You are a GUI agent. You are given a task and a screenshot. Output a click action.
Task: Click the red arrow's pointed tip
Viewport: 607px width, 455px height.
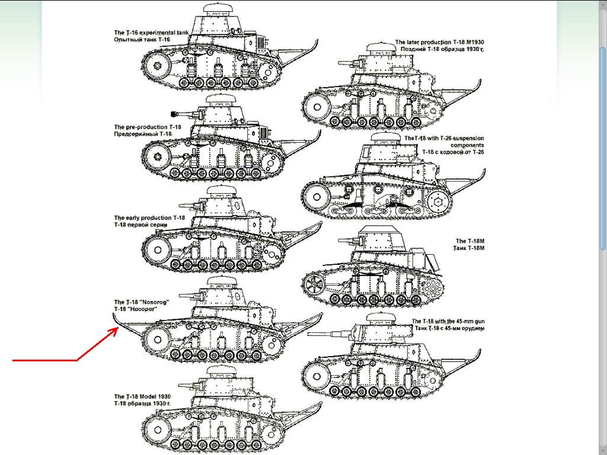coord(119,328)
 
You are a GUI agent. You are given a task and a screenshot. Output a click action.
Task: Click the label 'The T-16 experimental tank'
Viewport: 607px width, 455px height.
coord(151,33)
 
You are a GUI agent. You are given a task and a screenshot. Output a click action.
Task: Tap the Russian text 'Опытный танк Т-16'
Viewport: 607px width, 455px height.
coord(142,40)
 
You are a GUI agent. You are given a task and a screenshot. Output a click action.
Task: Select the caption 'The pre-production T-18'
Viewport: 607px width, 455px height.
coord(148,127)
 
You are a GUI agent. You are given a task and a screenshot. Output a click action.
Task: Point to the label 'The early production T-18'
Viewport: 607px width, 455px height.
coord(149,218)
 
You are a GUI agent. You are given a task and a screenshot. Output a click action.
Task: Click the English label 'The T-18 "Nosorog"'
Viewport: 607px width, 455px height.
coord(142,302)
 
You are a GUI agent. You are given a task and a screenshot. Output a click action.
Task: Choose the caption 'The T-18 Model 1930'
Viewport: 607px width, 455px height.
coord(142,396)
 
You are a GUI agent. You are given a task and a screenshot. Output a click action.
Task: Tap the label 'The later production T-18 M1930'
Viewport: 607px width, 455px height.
coord(439,42)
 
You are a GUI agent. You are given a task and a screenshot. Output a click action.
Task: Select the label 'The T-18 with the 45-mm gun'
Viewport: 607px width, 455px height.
coord(448,321)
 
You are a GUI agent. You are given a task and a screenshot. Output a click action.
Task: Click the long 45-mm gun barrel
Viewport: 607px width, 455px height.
coord(330,333)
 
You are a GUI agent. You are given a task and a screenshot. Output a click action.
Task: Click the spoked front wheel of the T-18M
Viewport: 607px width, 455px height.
coord(314,285)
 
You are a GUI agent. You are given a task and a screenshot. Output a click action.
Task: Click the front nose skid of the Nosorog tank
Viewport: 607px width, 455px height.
coord(127,326)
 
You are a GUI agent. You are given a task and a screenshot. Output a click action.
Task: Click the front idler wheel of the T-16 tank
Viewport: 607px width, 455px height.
coord(156,65)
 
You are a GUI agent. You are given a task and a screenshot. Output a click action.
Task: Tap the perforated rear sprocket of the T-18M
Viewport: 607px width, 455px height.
coord(432,288)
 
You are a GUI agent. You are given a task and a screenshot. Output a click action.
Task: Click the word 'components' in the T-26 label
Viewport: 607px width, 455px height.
coord(467,146)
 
